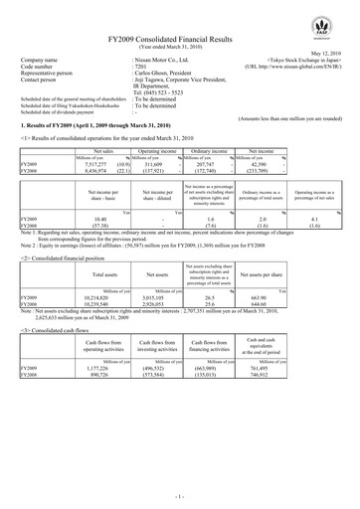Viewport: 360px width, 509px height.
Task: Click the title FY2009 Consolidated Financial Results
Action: point(178,37)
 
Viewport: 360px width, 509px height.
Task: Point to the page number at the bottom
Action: point(179,494)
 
